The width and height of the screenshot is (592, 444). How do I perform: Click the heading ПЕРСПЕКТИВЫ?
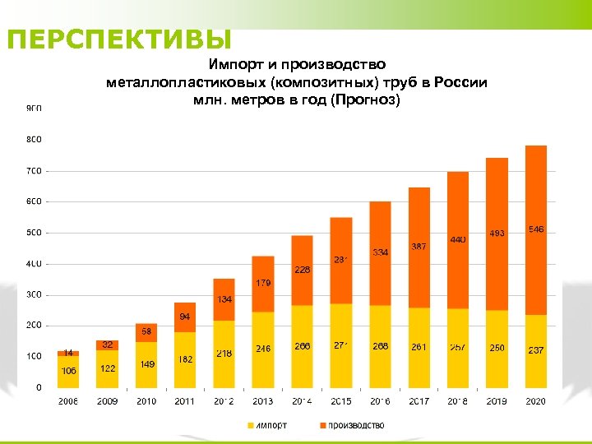(119, 39)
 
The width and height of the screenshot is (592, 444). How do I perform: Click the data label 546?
(536, 229)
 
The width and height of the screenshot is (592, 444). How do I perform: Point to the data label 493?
(497, 234)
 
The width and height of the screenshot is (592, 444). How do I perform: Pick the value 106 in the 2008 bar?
(68, 371)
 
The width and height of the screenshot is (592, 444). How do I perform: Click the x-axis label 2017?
(419, 401)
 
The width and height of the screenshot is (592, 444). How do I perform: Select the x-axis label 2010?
(146, 401)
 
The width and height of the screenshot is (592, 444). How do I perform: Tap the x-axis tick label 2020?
(536, 401)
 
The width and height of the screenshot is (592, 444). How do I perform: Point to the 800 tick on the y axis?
(34, 140)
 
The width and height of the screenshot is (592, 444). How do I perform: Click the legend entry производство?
(354, 425)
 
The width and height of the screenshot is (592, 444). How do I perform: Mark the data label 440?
(458, 239)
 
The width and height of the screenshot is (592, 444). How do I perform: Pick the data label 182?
(185, 359)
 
